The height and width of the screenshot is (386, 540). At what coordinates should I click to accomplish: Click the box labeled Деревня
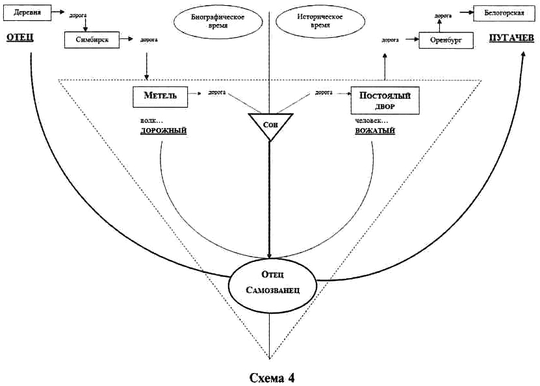click(x=24, y=12)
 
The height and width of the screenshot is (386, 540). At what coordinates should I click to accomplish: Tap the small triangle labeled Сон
click(x=269, y=124)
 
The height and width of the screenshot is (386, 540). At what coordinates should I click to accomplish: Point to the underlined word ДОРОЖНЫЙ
click(x=164, y=131)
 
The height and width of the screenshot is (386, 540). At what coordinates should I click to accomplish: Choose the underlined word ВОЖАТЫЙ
click(x=376, y=131)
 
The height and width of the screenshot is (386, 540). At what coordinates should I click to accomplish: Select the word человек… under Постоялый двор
click(x=370, y=120)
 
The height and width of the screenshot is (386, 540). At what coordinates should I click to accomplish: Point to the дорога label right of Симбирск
click(x=148, y=40)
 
